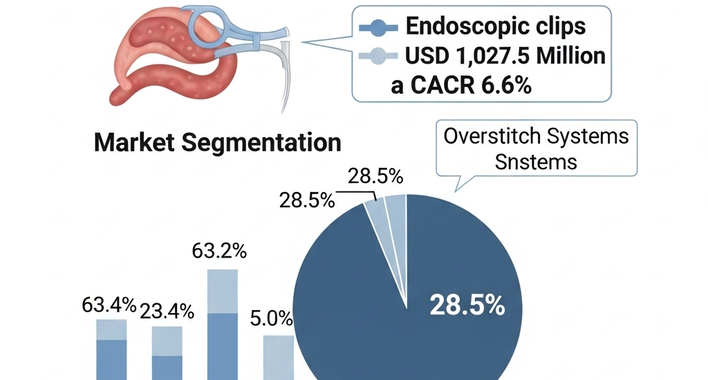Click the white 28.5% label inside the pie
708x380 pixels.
467,305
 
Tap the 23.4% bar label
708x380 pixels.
166,311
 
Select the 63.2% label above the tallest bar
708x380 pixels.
221,251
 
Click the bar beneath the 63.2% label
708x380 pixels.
223,325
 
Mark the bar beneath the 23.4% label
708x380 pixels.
167,352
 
